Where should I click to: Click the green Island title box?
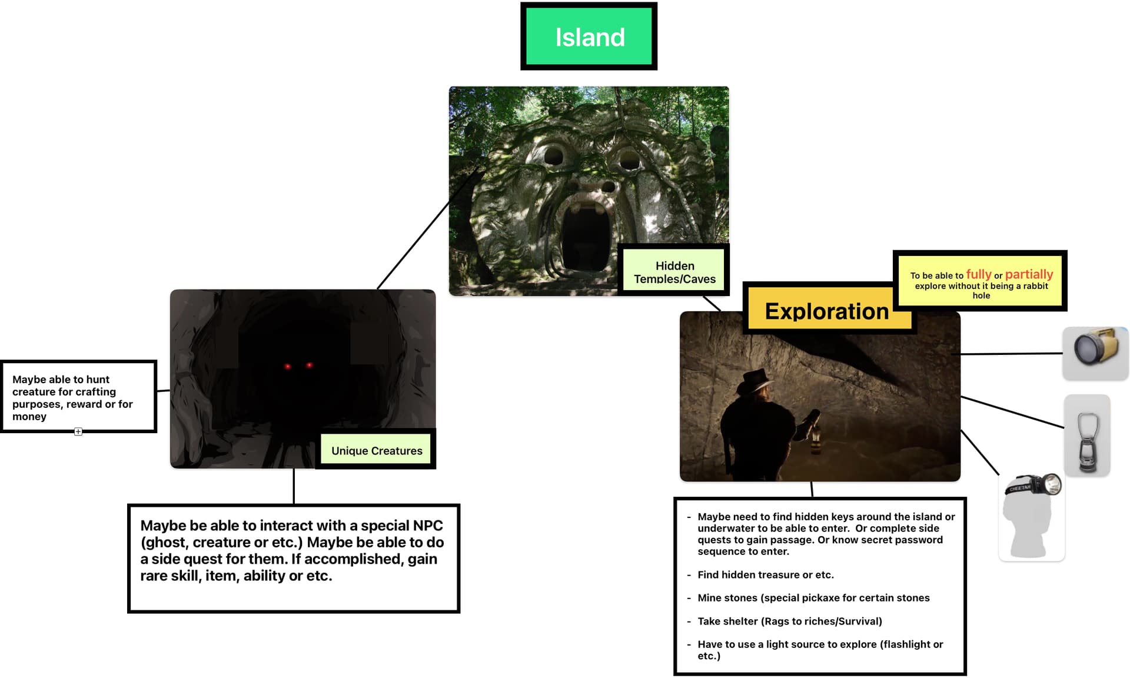pos(589,36)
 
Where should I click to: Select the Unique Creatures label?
pos(377,450)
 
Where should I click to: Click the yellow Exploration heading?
pos(826,311)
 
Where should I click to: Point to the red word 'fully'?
pos(979,274)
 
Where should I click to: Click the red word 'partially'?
pos(1029,274)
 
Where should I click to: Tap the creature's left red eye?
pos(288,367)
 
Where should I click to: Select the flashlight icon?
pos(1095,353)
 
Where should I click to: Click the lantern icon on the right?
pos(1087,435)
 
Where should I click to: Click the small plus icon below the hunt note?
pos(78,431)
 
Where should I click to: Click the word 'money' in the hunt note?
pos(29,417)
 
